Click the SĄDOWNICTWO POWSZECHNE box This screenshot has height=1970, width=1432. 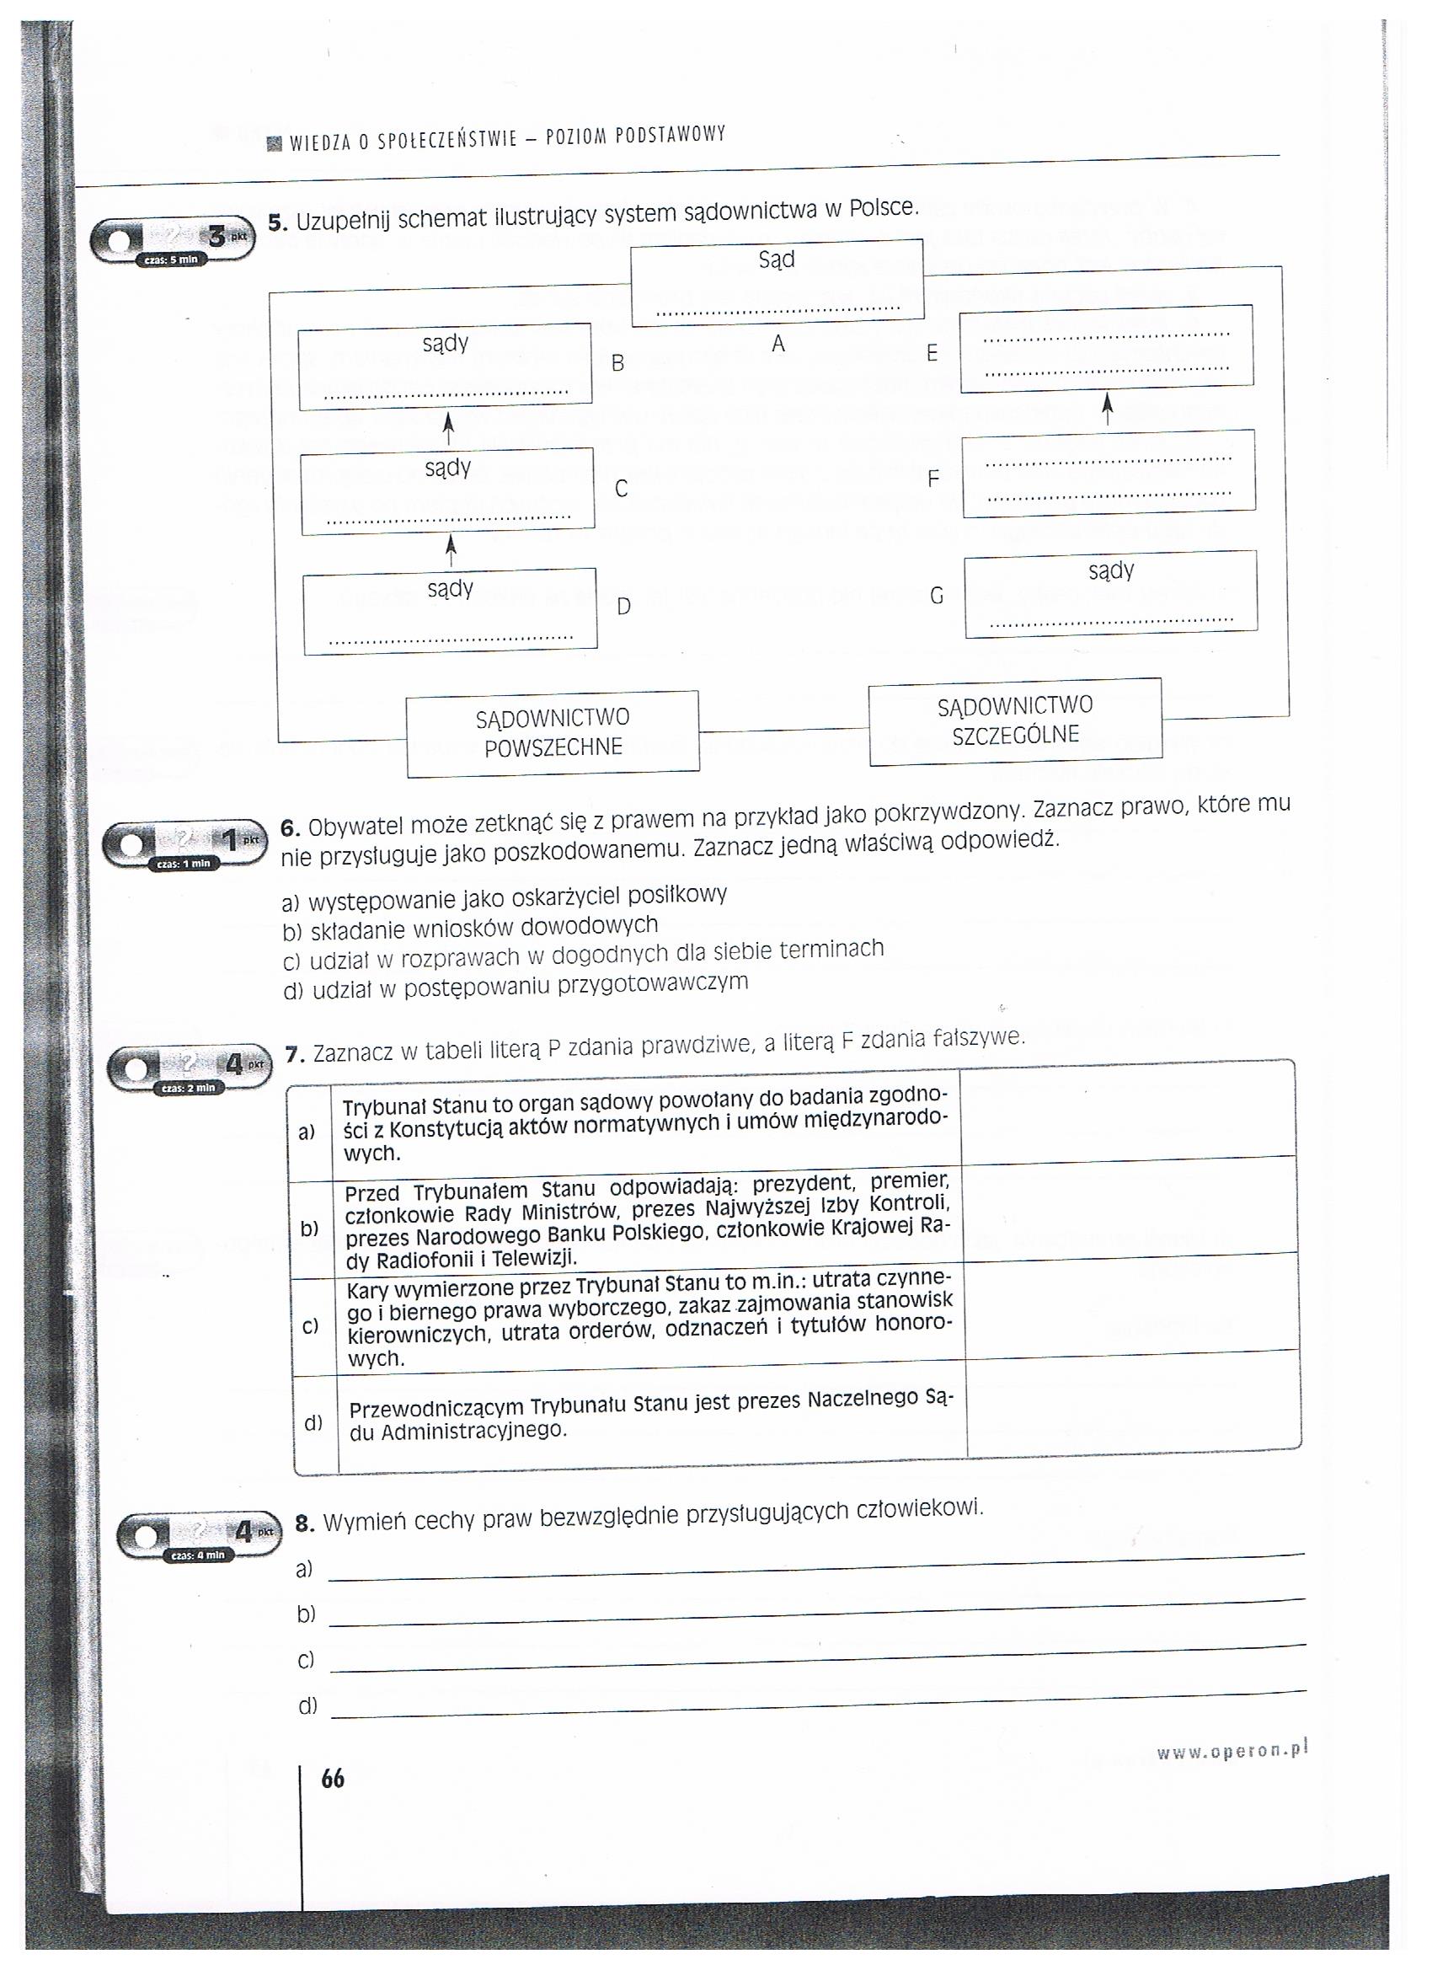[x=553, y=733]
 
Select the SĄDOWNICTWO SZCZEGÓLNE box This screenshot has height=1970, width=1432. [x=1014, y=721]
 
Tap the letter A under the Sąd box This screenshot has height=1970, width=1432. [x=777, y=345]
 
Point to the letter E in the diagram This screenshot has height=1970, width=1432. [x=932, y=353]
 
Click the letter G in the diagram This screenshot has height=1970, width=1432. [x=936, y=597]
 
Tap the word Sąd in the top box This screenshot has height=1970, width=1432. [x=777, y=260]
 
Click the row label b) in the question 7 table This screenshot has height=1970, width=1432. [x=309, y=1229]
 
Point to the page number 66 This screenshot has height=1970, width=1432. [x=333, y=1780]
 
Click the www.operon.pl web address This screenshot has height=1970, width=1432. [x=1231, y=1751]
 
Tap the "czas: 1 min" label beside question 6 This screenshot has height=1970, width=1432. [x=184, y=864]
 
